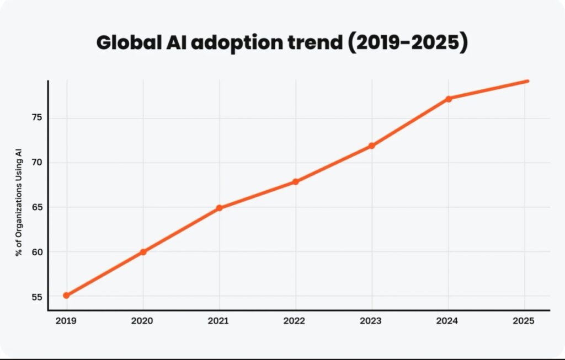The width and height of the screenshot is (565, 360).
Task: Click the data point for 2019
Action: (66, 295)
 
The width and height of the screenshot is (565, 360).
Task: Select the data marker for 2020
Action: (143, 252)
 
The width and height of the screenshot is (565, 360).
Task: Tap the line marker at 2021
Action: (220, 208)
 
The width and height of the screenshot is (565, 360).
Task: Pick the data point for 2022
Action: (296, 181)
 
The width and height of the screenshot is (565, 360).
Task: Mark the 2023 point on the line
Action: (372, 146)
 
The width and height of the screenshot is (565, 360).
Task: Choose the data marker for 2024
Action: (449, 99)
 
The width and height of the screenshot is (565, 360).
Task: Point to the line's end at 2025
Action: (527, 81)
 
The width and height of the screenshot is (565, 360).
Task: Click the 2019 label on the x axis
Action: (66, 321)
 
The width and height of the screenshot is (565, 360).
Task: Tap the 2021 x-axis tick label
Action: (220, 321)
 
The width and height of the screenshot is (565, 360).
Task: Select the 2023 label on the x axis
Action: (372, 321)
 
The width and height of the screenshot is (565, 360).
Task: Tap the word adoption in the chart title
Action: (234, 43)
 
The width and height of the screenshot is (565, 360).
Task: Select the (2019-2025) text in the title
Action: (407, 43)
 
